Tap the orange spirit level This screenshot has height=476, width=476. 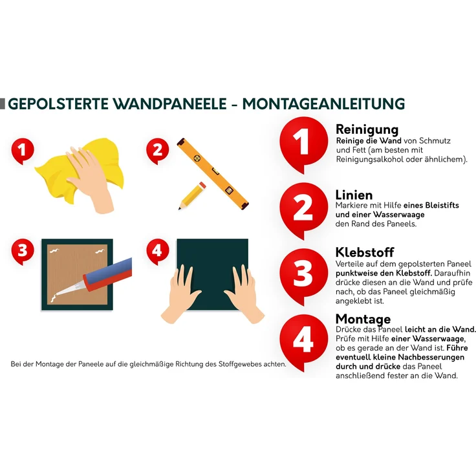coord(213,173)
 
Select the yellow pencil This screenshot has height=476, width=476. coord(192,195)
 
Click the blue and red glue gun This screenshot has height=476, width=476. coord(100,277)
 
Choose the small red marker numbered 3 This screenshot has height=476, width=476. coord(23,252)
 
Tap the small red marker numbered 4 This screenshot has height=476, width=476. coord(158,252)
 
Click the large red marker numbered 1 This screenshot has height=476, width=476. coord(303,144)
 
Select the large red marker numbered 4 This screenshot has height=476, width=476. coord(303,341)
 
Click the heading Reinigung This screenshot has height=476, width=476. coord(367,129)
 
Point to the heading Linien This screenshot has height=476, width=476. coord(354,195)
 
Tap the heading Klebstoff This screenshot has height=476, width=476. coord(365,252)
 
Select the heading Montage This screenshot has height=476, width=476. coord(363,319)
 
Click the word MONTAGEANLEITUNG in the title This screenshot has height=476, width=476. coord(323,104)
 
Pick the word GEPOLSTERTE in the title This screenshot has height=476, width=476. coord(58,104)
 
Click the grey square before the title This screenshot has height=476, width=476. coord(3,103)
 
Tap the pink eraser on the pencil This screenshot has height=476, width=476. coord(202,185)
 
